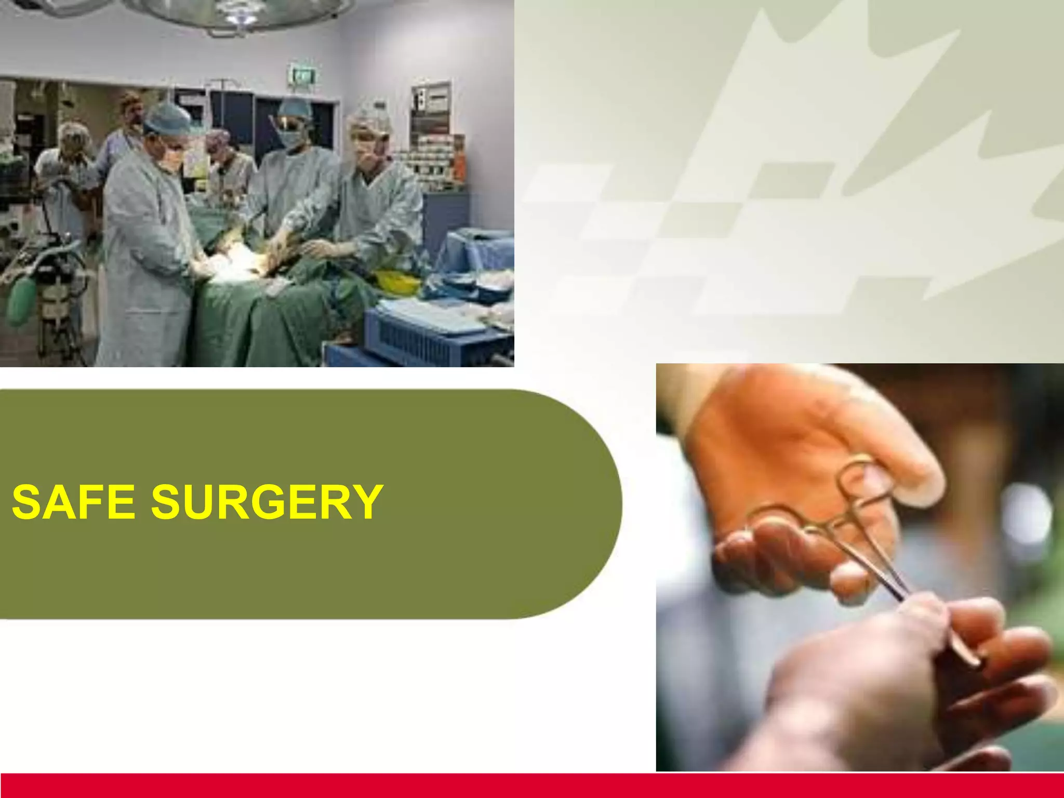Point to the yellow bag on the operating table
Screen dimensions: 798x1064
pyautogui.click(x=397, y=281)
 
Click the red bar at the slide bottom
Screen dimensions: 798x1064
pyautogui.click(x=532, y=785)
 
